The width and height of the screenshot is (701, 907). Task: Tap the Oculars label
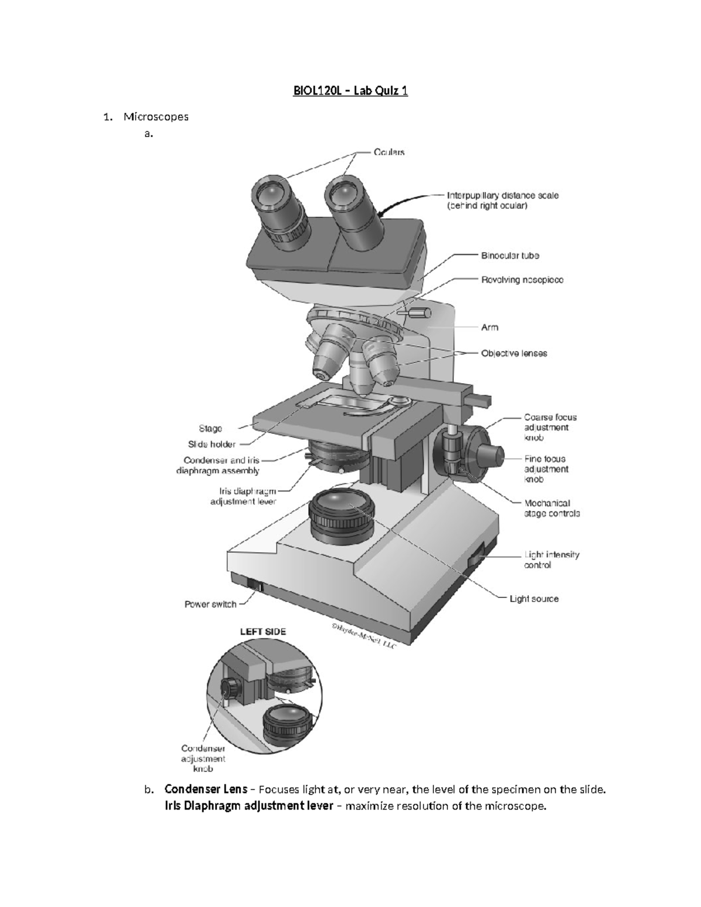pyautogui.click(x=388, y=152)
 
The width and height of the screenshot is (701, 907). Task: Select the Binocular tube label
pyautogui.click(x=509, y=255)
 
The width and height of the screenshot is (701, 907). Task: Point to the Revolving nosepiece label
pyautogui.click(x=522, y=280)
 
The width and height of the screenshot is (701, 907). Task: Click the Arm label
pyautogui.click(x=490, y=327)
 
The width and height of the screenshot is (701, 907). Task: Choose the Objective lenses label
pyautogui.click(x=513, y=353)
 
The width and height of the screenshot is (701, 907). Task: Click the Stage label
pyautogui.click(x=210, y=428)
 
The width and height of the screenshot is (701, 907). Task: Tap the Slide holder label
pyautogui.click(x=211, y=444)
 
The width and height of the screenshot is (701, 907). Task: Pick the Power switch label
pyautogui.click(x=210, y=604)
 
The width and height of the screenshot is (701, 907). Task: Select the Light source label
pyautogui.click(x=533, y=599)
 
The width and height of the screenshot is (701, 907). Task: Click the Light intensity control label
pyautogui.click(x=551, y=560)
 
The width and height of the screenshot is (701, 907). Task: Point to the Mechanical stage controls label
pyautogui.click(x=551, y=508)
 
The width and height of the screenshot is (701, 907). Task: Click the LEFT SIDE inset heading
pyautogui.click(x=263, y=631)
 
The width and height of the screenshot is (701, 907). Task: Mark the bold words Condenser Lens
pyautogui.click(x=205, y=789)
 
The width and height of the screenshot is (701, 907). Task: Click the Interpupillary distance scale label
pyautogui.click(x=502, y=200)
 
